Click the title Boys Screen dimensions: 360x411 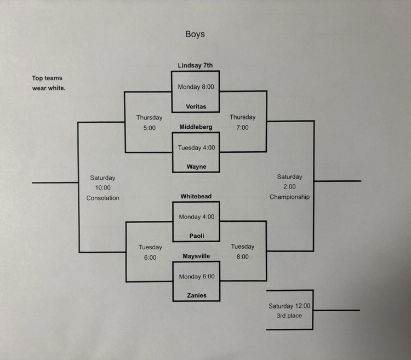click(x=195, y=34)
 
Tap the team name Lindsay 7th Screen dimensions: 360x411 click(x=195, y=66)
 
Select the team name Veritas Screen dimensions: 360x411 click(x=196, y=106)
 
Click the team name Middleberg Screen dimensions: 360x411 click(x=196, y=127)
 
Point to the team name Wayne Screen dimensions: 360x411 click(x=196, y=167)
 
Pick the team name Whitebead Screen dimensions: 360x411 click(x=196, y=196)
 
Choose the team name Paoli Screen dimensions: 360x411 click(x=196, y=236)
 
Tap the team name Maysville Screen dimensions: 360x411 click(x=196, y=256)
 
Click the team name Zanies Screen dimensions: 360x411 click(x=196, y=295)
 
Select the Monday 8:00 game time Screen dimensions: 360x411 click(x=196, y=87)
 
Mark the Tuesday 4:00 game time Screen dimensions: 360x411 click(x=196, y=147)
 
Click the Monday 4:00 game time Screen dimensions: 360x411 click(x=197, y=217)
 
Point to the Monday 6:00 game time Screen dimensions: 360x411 click(x=197, y=277)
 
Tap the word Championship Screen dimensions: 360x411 click(x=289, y=197)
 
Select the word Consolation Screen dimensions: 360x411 click(x=102, y=198)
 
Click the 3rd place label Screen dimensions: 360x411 click(x=289, y=316)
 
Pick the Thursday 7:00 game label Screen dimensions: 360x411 click(x=242, y=122)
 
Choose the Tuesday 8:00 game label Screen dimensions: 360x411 click(x=243, y=252)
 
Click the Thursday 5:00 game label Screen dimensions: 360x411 click(x=149, y=123)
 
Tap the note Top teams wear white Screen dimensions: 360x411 click(x=48, y=83)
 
